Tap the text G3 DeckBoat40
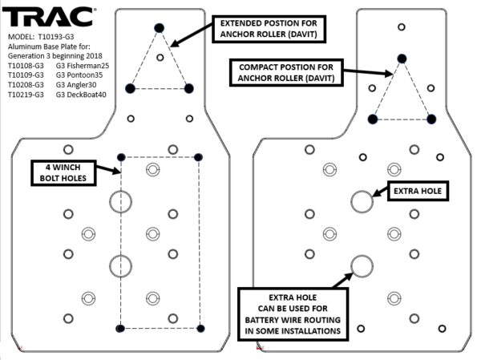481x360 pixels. click(x=83, y=95)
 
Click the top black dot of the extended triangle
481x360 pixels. click(x=159, y=28)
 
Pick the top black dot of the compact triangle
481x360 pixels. click(x=401, y=58)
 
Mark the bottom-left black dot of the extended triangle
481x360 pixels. click(x=131, y=87)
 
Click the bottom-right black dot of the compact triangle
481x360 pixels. click(x=431, y=119)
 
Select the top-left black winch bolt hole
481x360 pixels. click(x=121, y=156)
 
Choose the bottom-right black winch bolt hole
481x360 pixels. click(x=200, y=329)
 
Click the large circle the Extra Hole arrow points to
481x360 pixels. click(x=361, y=200)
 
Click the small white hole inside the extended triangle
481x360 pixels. click(x=160, y=57)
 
